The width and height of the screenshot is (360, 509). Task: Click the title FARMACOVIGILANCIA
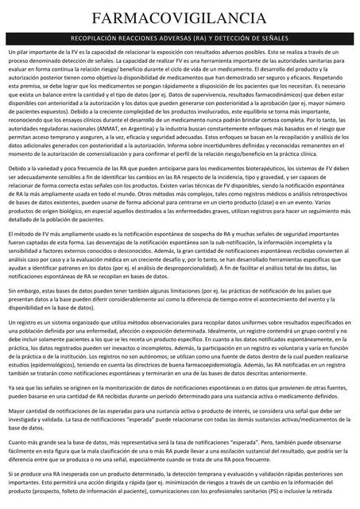(180, 18)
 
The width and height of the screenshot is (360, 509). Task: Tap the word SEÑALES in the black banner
(272, 37)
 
